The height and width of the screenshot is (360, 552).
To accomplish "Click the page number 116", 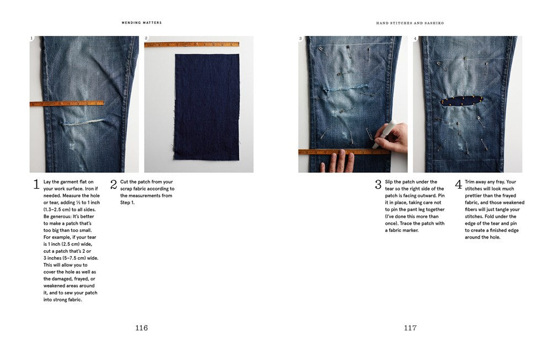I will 141,328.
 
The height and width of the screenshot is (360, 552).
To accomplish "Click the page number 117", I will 410,328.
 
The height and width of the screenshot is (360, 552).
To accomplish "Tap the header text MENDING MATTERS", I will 142,23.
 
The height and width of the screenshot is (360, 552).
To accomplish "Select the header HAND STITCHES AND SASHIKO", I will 410,23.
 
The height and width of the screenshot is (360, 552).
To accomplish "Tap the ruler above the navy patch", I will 192,44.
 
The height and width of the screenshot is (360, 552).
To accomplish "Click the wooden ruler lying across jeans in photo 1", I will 66,103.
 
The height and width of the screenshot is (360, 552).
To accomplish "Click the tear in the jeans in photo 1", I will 83,121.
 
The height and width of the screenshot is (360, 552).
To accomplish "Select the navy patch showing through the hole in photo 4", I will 461,101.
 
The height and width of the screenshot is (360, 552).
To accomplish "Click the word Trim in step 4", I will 470,182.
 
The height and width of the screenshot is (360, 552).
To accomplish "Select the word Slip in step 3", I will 390,182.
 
